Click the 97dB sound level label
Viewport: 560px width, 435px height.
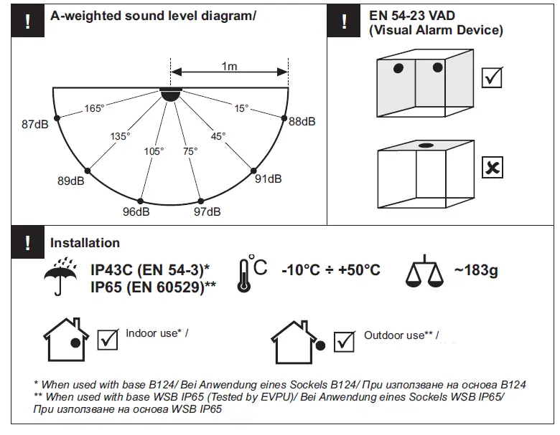(207, 212)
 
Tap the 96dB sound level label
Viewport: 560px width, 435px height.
(136, 212)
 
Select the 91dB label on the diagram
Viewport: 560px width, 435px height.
(269, 179)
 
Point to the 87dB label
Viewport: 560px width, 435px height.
(35, 124)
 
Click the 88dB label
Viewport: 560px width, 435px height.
(302, 122)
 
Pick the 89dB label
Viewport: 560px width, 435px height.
(71, 181)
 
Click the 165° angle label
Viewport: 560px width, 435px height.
(94, 108)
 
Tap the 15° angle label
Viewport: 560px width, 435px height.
(241, 108)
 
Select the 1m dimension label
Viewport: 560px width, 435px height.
(229, 67)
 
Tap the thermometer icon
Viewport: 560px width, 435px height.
(246, 274)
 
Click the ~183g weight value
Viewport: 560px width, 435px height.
(475, 270)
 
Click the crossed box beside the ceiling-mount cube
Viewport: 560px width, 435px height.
(493, 168)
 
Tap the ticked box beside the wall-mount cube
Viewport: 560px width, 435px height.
(493, 77)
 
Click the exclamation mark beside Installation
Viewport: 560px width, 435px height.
(27, 243)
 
